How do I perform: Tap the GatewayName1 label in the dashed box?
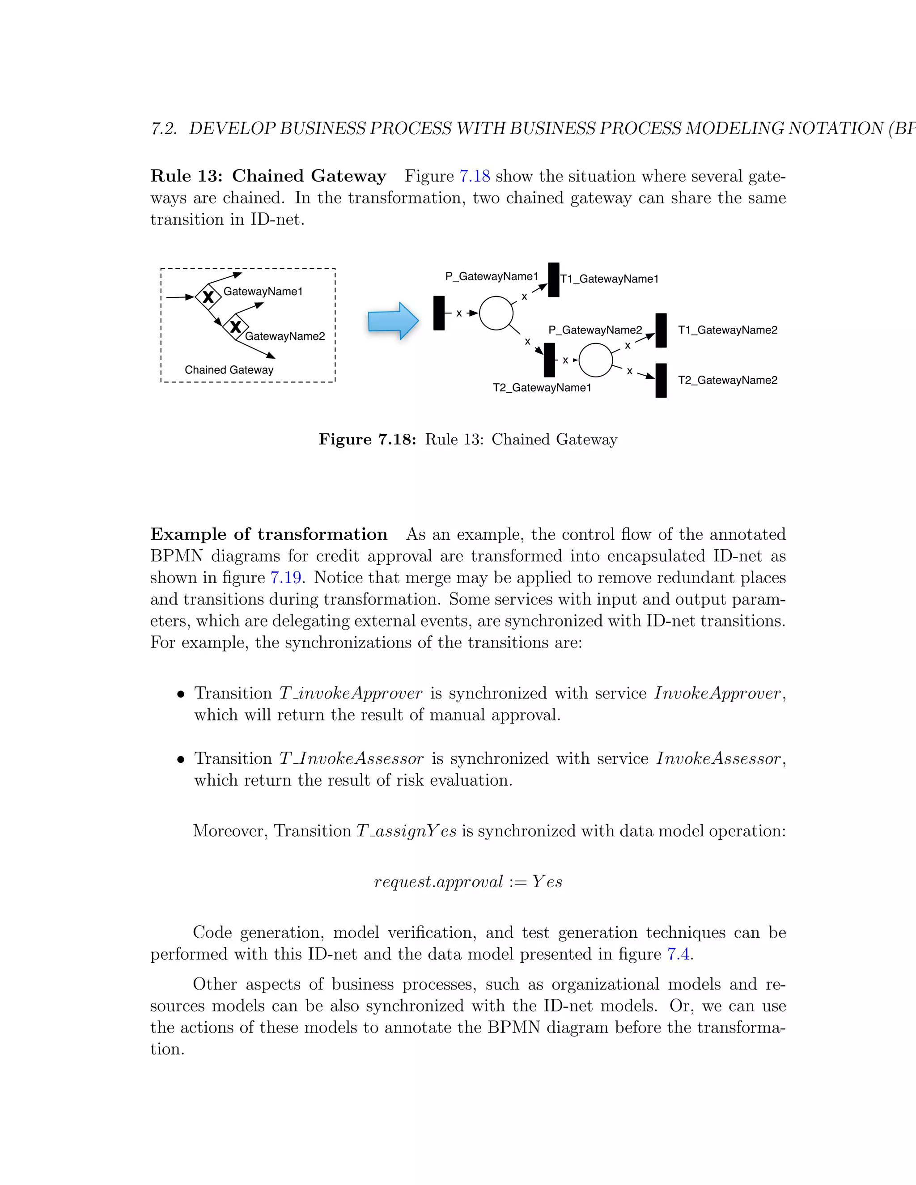[x=263, y=292]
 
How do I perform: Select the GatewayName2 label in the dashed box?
[x=285, y=336]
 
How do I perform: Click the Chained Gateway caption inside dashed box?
[x=229, y=370]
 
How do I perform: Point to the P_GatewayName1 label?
[x=492, y=277]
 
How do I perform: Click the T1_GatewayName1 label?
[x=610, y=279]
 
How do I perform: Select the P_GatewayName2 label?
[x=595, y=330]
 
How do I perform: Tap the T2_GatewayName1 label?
[x=542, y=387]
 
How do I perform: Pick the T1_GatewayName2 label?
[x=728, y=330]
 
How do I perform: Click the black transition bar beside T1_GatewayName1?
[x=554, y=280]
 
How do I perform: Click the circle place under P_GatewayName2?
[x=595, y=360]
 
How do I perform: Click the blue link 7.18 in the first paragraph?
[x=475, y=176]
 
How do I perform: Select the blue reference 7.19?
[x=286, y=577]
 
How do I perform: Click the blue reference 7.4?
[x=679, y=954]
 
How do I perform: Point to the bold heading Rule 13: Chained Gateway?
[x=268, y=176]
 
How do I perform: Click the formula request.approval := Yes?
[x=468, y=882]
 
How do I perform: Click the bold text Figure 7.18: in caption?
[x=367, y=440]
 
